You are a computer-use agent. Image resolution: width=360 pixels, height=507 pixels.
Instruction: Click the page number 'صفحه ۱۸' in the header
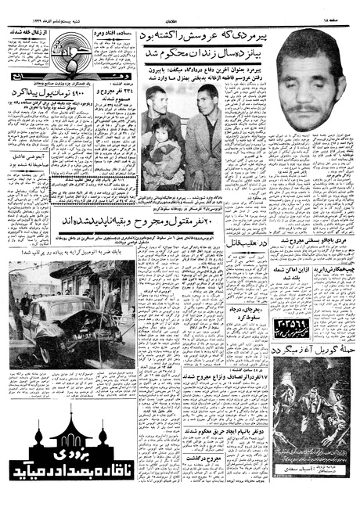(336, 5)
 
